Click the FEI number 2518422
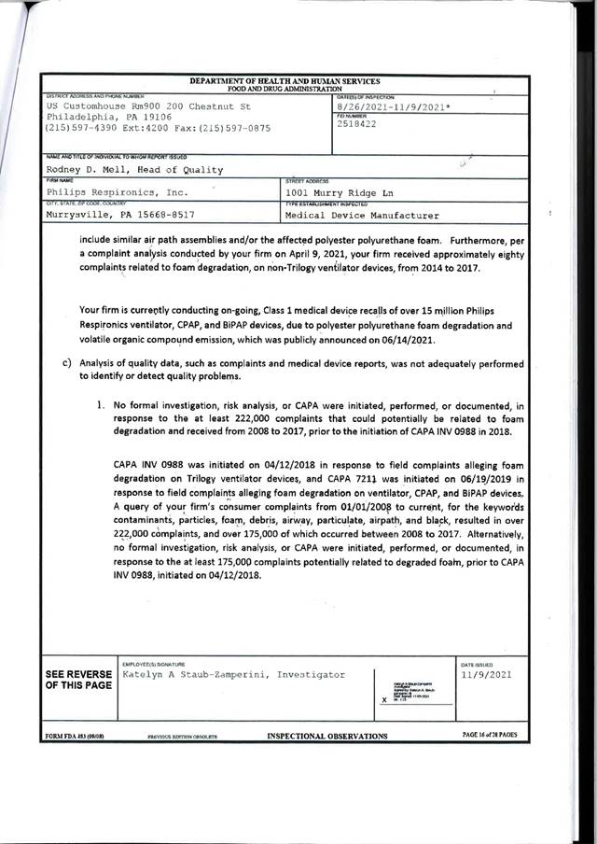355,125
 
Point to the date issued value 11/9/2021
483,674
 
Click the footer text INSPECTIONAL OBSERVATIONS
327,736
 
